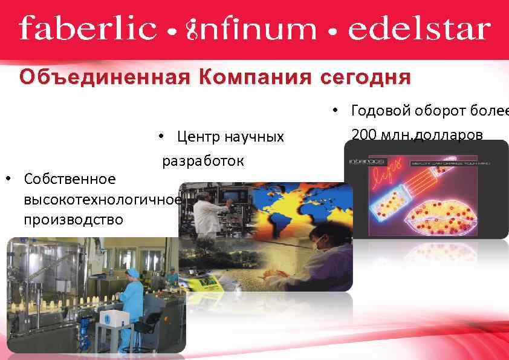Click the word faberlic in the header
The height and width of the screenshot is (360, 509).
pos(88,28)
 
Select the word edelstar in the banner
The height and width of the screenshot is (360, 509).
pos(418,28)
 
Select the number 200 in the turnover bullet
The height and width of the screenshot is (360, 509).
pos(363,134)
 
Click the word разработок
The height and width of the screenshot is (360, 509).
pos(203,161)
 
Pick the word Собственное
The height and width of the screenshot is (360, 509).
pos(69,179)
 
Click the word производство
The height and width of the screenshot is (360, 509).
pos(73,219)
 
